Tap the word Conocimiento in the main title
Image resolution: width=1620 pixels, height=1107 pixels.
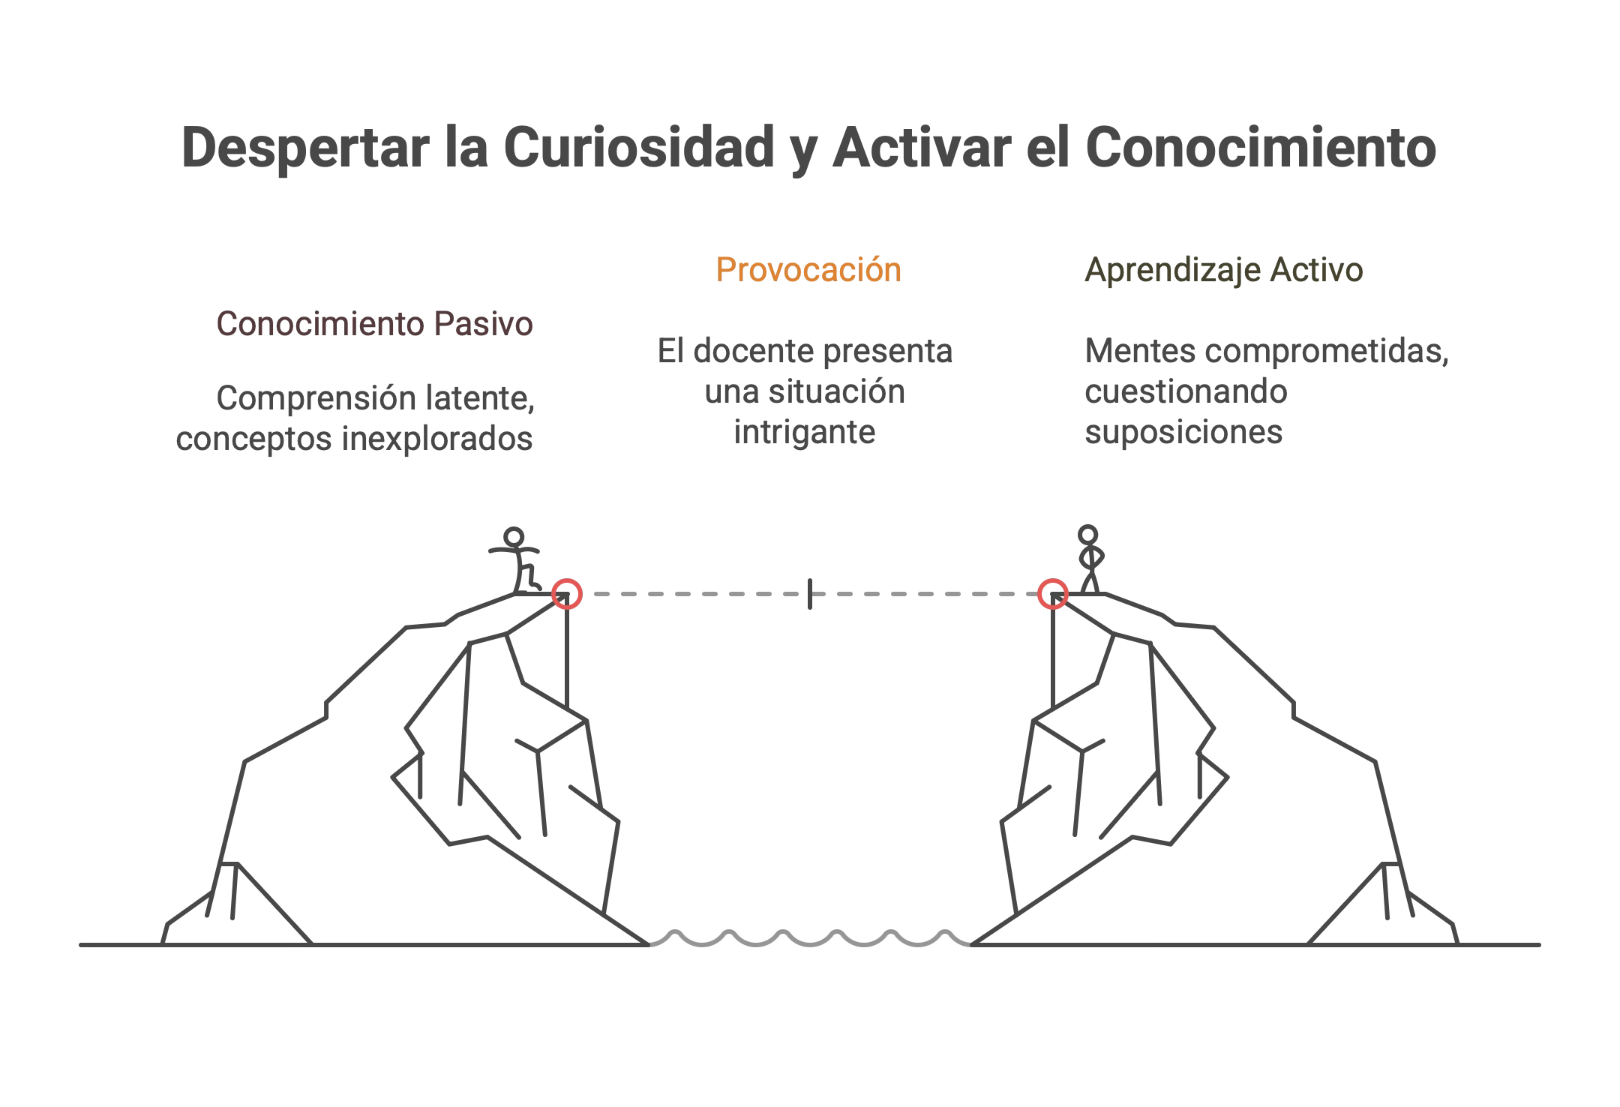click(x=1260, y=148)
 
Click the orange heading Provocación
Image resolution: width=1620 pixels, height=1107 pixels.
click(x=808, y=270)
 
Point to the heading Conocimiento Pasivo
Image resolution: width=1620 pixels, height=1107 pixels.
click(x=374, y=324)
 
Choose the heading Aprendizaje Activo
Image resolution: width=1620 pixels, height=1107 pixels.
click(x=1223, y=270)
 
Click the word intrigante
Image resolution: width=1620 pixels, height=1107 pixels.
click(x=805, y=432)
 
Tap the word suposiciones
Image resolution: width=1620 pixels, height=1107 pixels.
click(x=1183, y=432)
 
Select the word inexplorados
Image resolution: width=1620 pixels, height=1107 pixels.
click(x=437, y=439)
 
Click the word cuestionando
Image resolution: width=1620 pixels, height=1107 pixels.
click(x=1186, y=391)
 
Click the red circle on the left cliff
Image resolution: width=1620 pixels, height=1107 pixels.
click(x=566, y=594)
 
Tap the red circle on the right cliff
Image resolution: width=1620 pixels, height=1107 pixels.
click(x=1053, y=594)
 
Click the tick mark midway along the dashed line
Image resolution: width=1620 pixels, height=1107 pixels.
click(x=810, y=594)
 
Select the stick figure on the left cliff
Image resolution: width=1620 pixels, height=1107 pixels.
click(x=518, y=561)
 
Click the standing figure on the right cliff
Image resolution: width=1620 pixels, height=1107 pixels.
click(x=1088, y=559)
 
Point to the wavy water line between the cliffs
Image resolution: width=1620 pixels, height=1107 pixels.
click(x=810, y=938)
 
